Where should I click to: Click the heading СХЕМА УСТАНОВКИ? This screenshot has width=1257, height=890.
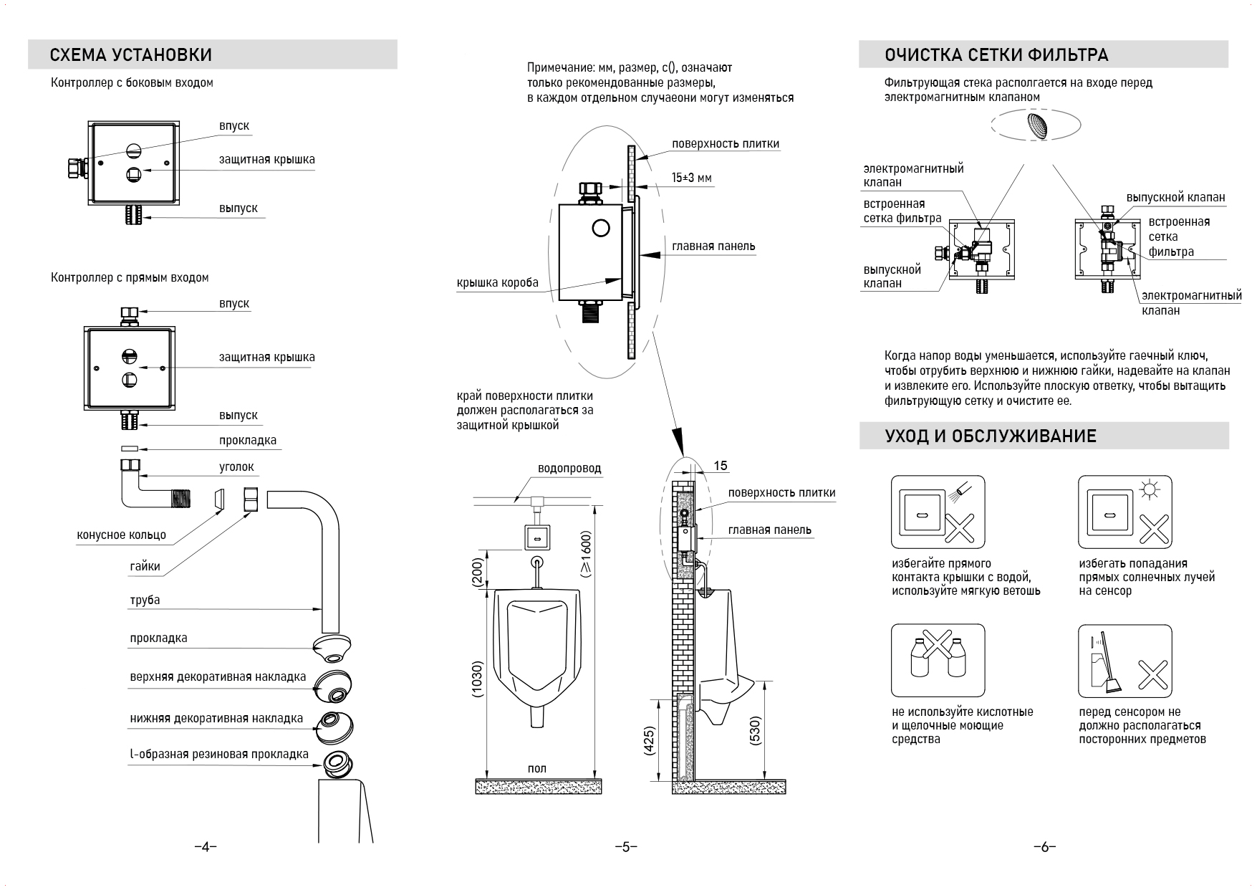click(131, 55)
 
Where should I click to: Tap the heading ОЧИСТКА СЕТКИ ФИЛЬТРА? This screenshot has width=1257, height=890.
click(996, 55)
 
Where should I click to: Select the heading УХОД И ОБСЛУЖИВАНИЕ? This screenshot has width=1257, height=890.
click(991, 436)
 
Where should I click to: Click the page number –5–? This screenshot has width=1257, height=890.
click(626, 847)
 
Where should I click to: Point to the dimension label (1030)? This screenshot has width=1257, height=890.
click(478, 679)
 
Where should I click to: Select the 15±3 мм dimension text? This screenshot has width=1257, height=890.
click(692, 178)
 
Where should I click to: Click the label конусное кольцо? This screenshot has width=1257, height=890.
click(121, 535)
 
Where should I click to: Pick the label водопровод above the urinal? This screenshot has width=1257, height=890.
click(569, 469)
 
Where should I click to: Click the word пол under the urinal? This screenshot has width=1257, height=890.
click(536, 768)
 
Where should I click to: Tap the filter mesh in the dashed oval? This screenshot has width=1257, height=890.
click(1036, 126)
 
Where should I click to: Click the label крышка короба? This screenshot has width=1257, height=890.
click(498, 283)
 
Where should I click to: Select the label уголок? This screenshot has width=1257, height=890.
click(236, 466)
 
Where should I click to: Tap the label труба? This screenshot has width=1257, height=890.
click(145, 600)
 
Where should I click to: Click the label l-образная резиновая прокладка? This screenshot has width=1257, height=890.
click(219, 754)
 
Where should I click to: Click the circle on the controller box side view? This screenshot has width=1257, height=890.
click(600, 229)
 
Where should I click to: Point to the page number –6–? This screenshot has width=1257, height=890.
click(1044, 847)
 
